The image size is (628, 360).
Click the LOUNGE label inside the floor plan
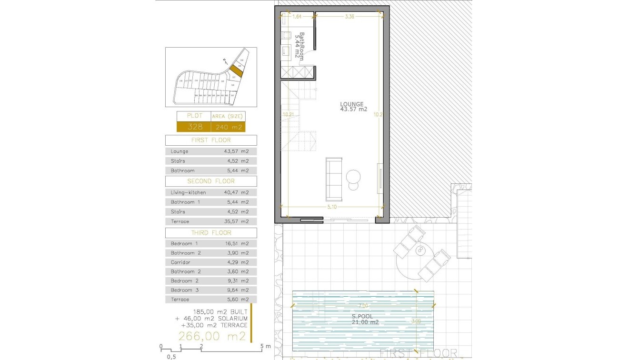coord(352,104)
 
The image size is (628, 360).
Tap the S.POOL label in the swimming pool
coord(363,316)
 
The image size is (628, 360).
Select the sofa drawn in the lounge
coord(334,179)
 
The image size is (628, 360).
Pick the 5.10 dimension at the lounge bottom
coord(333,207)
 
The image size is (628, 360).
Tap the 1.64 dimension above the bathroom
coord(297,17)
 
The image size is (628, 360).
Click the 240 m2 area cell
coord(228,127)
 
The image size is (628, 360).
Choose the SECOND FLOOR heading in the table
coord(211,181)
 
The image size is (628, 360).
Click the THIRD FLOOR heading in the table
coord(211,233)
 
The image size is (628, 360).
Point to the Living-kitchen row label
coord(188,193)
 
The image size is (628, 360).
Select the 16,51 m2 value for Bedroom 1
coord(237,244)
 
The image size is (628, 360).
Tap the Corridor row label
coord(180,262)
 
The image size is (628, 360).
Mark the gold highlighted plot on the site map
coord(234,71)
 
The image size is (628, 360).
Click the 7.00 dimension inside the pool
coord(363,305)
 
